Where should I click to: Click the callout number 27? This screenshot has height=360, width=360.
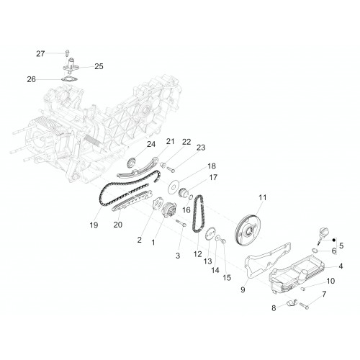click(x=40, y=53)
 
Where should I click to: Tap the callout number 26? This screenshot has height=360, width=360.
click(x=31, y=79)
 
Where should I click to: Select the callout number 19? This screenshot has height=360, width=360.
click(x=94, y=225)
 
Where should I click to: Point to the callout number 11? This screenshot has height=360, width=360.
click(x=263, y=197)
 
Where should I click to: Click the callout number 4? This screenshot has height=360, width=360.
click(x=341, y=266)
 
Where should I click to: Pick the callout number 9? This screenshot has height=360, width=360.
click(x=243, y=290)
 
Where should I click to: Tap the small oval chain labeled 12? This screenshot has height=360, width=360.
click(x=199, y=214)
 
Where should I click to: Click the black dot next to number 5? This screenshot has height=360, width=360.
click(x=333, y=240)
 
